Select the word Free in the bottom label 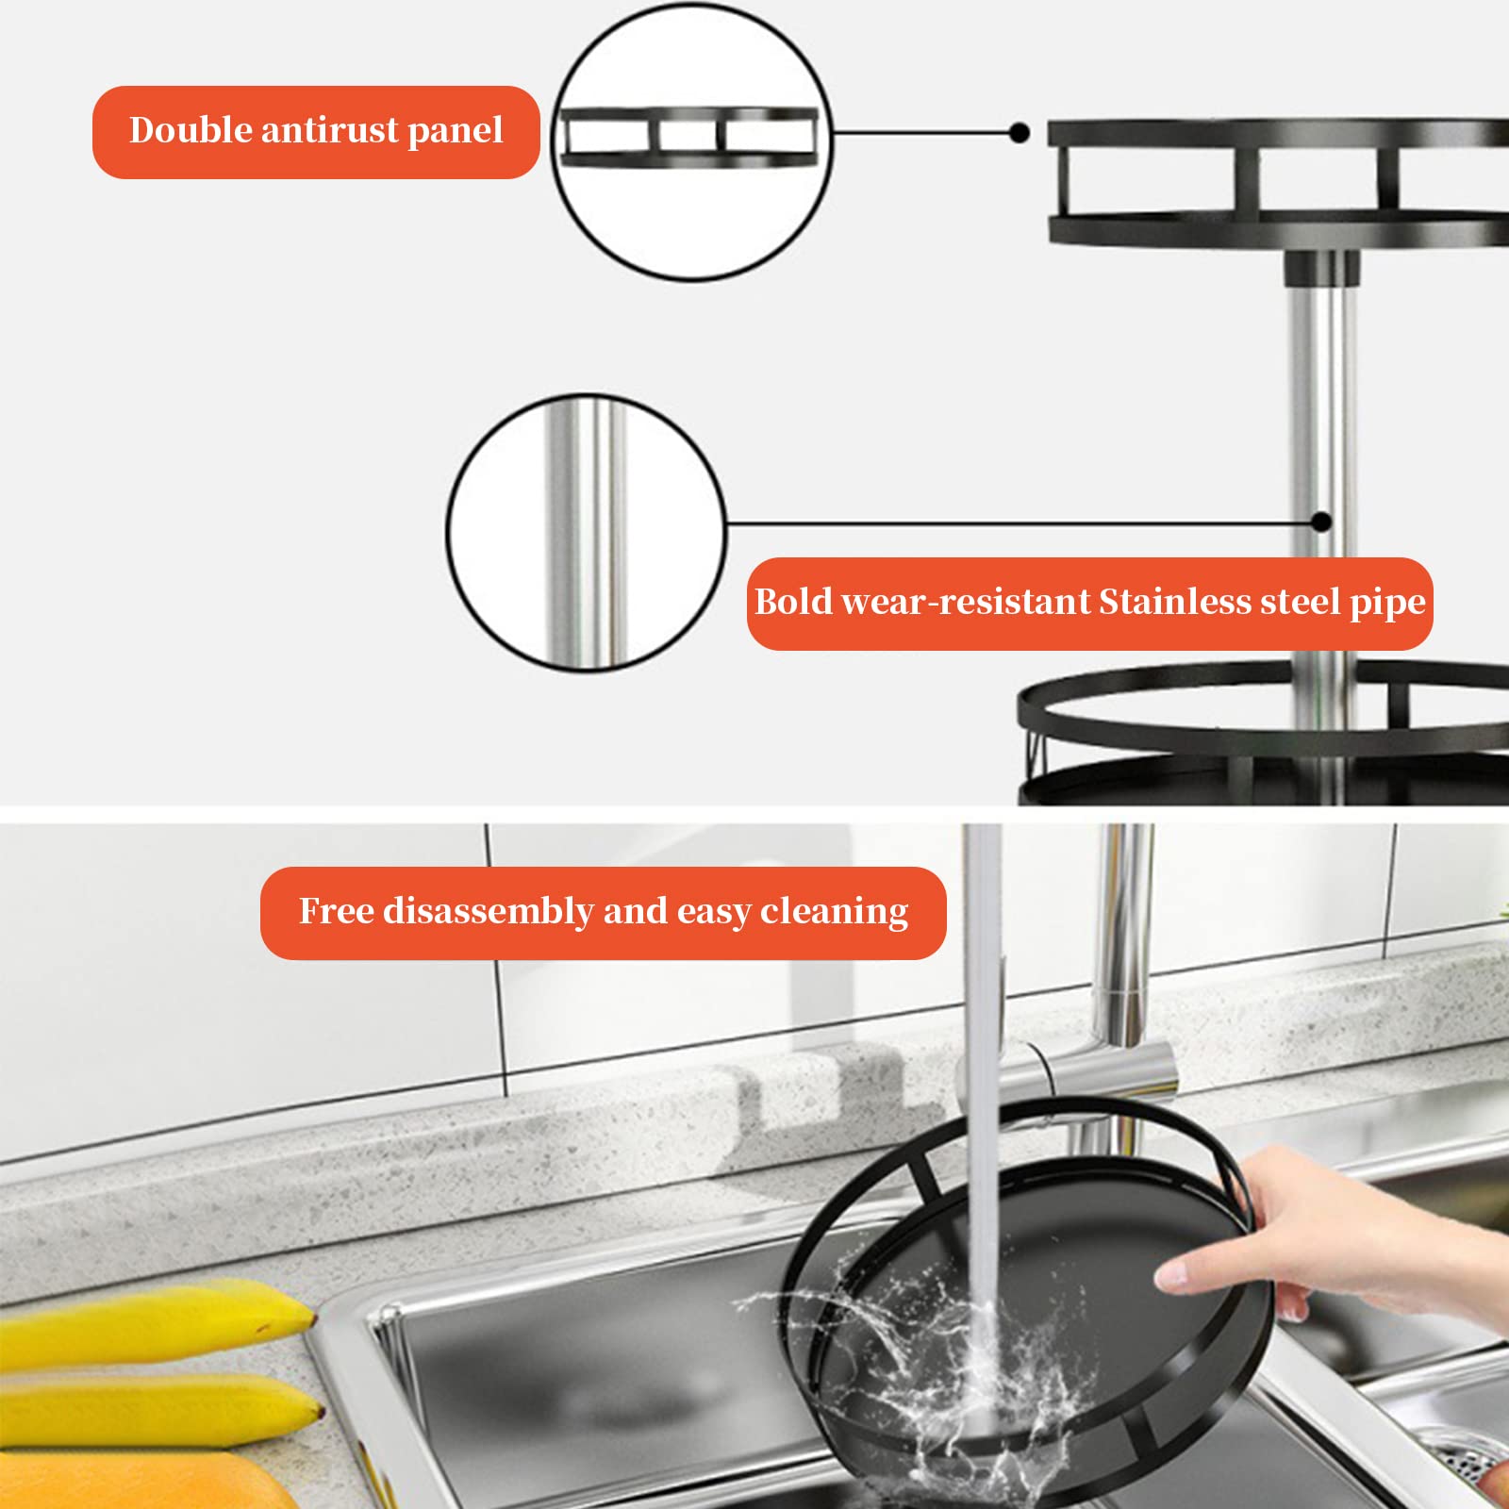(x=337, y=911)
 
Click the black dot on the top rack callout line (x=1019, y=133)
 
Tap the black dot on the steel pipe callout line (x=1321, y=522)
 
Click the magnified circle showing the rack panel (x=691, y=141)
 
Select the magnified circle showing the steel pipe (x=586, y=533)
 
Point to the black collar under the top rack (x=1321, y=266)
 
